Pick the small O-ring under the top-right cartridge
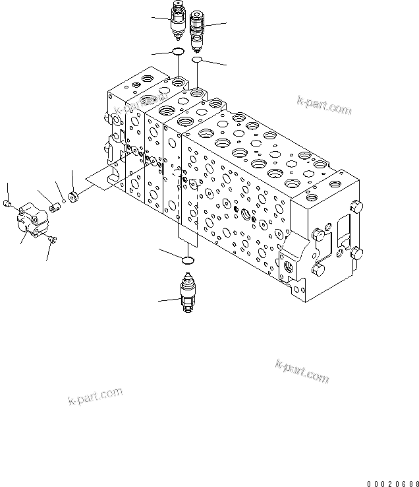(196, 60)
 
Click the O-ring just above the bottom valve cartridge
(187, 259)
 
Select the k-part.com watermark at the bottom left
(95, 396)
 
